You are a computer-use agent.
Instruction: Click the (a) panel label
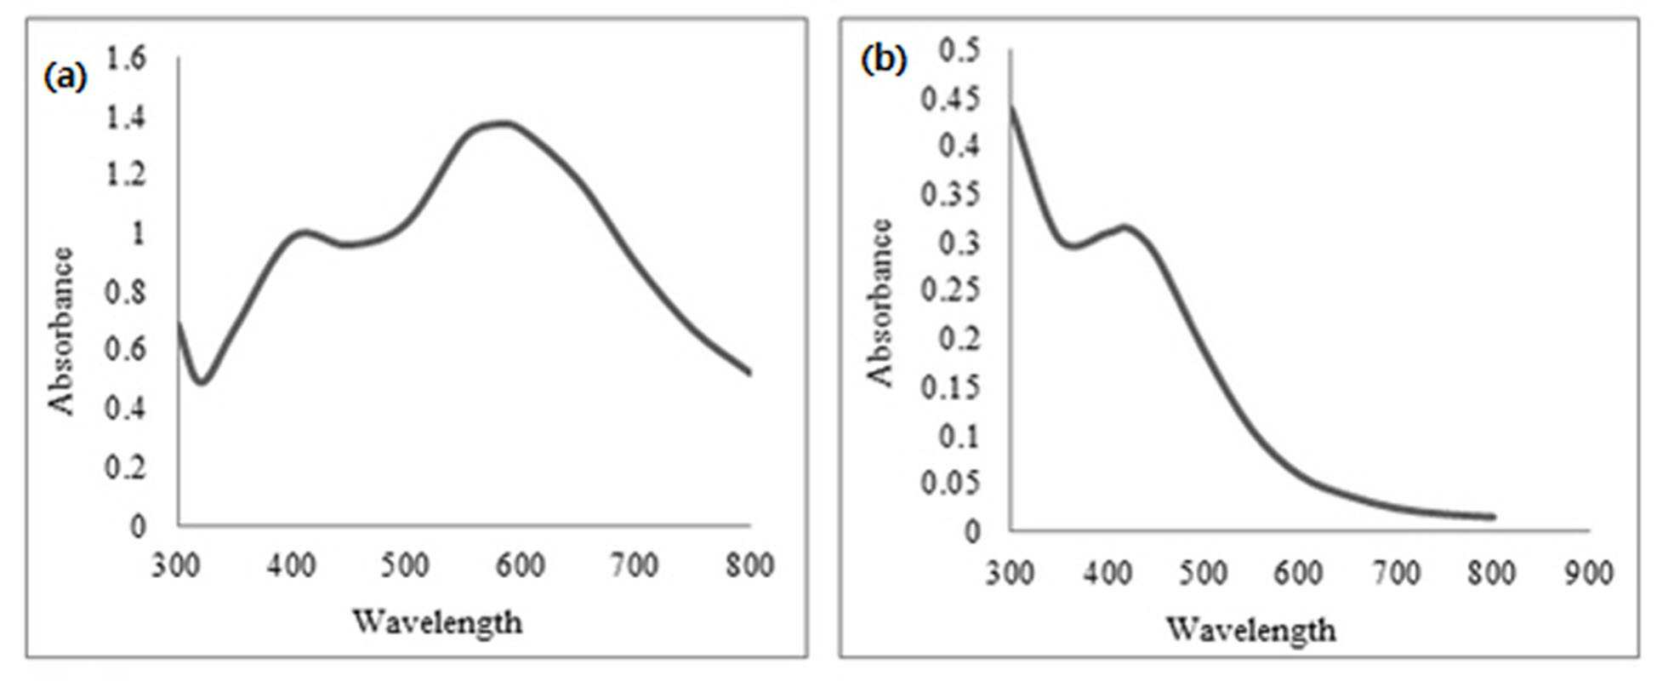(65, 76)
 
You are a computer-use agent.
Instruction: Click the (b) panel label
(884, 60)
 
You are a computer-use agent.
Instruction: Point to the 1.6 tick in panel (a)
(126, 58)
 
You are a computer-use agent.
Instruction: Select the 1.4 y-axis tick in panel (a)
(126, 117)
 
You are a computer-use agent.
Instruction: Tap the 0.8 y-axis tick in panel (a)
(126, 292)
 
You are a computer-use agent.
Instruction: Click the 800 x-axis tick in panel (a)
(749, 565)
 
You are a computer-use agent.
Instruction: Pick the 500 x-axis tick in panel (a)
(405, 565)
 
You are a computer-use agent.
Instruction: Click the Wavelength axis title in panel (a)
(437, 622)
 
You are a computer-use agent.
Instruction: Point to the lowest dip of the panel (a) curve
(201, 381)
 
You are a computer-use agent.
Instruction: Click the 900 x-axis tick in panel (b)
(1588, 573)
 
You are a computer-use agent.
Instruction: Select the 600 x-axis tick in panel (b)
(1298, 573)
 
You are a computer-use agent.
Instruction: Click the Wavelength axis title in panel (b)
(1250, 630)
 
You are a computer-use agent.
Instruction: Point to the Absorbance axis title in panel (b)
(880, 303)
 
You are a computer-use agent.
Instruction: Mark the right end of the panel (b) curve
(1493, 517)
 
